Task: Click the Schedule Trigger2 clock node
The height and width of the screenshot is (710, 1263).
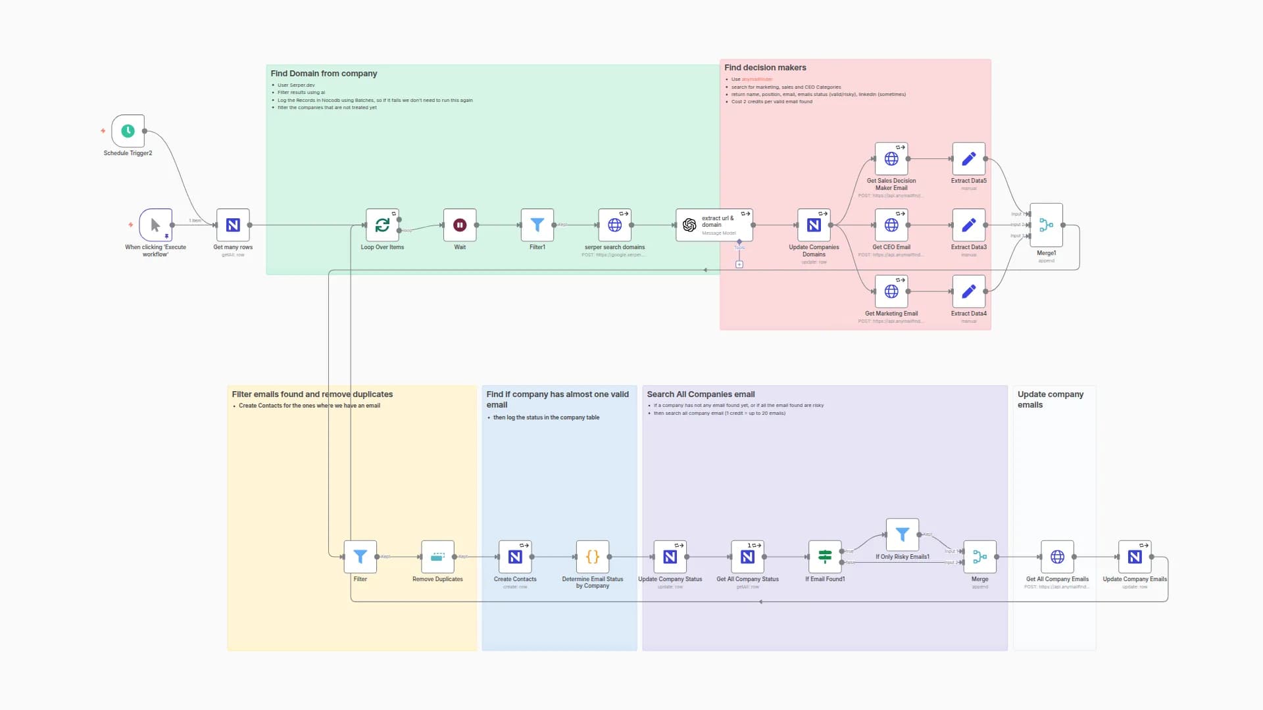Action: click(x=128, y=131)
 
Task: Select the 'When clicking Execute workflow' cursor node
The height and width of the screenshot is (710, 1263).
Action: click(x=155, y=225)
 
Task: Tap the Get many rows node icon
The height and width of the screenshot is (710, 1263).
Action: click(x=233, y=225)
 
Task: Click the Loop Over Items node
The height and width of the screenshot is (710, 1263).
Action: click(x=382, y=225)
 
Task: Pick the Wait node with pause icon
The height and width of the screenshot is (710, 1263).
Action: click(x=460, y=225)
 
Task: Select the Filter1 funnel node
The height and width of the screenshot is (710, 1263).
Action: click(x=537, y=225)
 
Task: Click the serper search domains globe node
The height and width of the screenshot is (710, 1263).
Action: click(x=614, y=225)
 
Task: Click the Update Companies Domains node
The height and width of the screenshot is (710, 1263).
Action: click(x=814, y=225)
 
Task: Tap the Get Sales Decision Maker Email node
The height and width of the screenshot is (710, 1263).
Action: click(x=891, y=158)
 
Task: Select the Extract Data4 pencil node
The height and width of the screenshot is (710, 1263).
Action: click(x=968, y=291)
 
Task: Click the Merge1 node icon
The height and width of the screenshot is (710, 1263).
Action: click(x=1046, y=225)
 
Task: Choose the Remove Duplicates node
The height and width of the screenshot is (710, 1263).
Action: click(x=437, y=557)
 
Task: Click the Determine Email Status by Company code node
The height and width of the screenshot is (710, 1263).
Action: click(x=592, y=557)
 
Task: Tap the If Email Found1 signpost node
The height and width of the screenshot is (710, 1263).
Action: click(x=825, y=557)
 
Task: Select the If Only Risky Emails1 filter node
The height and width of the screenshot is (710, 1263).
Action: click(x=902, y=534)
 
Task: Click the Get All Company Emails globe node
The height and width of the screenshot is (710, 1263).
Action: click(x=1057, y=557)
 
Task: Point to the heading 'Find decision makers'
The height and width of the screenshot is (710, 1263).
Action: click(x=765, y=68)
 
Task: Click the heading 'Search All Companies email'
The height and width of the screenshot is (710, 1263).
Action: click(x=701, y=394)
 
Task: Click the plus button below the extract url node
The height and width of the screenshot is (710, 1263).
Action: click(x=739, y=264)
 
